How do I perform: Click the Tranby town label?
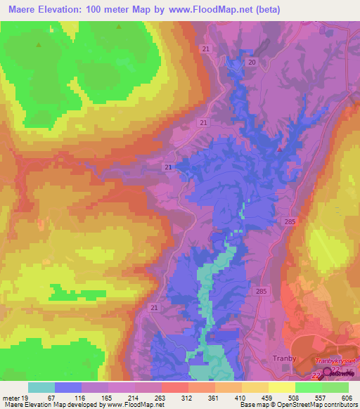[284, 358]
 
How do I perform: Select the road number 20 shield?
[251, 63]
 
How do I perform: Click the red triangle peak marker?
[281, 148]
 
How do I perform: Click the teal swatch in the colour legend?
[41, 387]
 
